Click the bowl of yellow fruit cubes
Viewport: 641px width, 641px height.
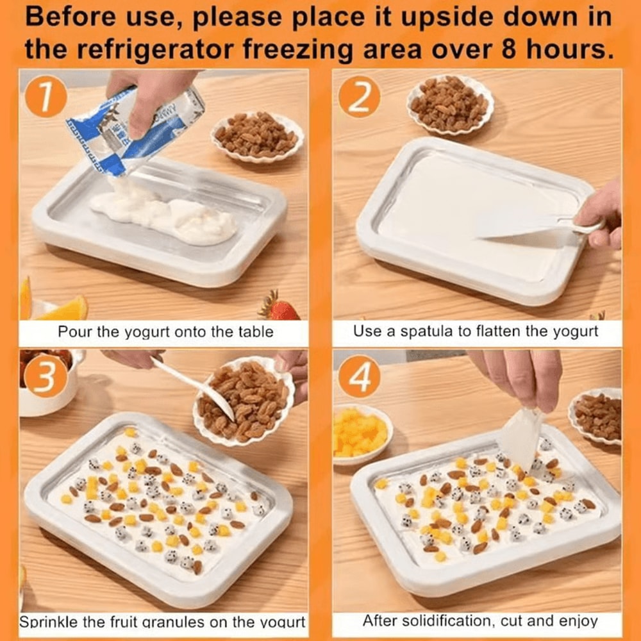tap(360, 432)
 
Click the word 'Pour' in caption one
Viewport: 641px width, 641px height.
tap(72, 332)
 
